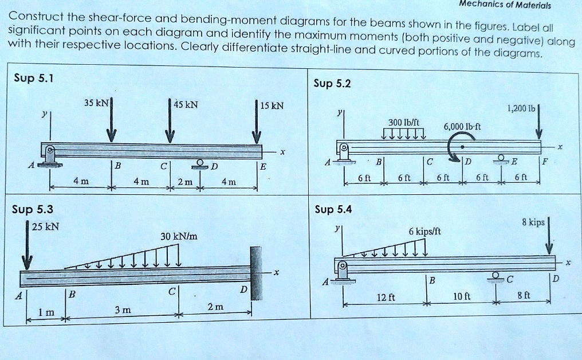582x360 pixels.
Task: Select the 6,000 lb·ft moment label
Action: coord(462,127)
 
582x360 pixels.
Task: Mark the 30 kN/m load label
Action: coord(179,236)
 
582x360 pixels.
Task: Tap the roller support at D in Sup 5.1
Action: coord(201,163)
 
